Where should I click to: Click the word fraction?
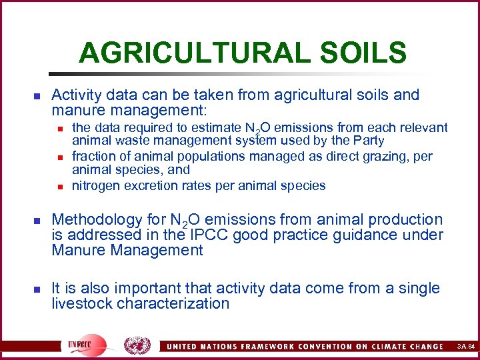[93, 156]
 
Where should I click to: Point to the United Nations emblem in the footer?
[137, 346]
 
